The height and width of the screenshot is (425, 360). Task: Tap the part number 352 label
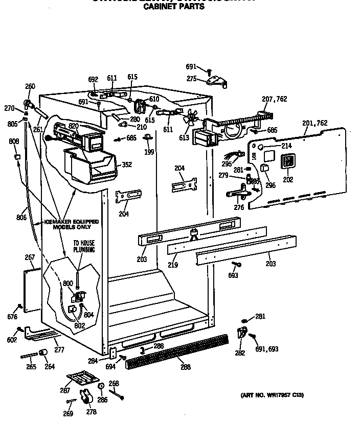coord(127,165)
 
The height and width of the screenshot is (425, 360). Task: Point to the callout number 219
coord(173,266)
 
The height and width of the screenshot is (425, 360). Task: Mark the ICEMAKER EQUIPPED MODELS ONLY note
coord(71,224)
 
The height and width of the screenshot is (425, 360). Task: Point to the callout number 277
coord(59,350)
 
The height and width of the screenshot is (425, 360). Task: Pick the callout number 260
coord(30,86)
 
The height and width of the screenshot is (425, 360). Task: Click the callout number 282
coord(239,353)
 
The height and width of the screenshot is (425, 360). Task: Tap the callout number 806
coord(21,218)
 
